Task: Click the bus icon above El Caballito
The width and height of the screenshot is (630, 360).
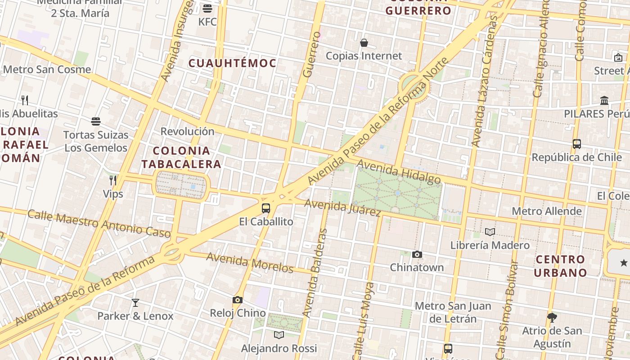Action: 266,208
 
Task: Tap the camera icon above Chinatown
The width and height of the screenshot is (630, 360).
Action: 417,255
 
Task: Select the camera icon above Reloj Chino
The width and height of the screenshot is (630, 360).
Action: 238,300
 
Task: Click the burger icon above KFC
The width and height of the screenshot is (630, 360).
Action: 207,9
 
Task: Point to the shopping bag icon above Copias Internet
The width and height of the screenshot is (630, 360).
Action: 364,43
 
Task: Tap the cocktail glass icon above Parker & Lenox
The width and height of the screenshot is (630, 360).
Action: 135,303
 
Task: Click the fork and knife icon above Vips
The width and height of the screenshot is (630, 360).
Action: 113,180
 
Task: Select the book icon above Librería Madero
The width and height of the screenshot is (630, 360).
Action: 490,232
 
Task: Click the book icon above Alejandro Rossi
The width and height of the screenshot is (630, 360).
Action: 279,335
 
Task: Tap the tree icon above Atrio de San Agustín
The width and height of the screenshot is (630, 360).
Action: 552,318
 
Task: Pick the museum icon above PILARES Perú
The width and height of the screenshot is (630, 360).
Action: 604,101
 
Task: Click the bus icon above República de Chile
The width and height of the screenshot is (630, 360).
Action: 577,144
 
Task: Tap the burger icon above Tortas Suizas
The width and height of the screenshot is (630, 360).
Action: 95,121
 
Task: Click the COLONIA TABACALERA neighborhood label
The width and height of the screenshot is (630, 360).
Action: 181,157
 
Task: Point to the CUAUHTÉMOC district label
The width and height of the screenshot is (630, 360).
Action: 232,63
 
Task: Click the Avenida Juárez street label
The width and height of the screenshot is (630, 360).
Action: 343,207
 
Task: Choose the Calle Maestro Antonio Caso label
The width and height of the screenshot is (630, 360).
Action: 99,223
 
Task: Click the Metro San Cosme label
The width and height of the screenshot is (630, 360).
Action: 47,69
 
